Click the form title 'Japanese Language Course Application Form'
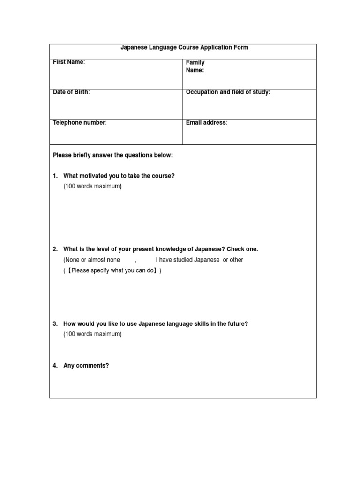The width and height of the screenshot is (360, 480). point(184,48)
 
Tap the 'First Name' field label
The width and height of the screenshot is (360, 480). point(68,62)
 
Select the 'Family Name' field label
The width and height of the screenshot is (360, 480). point(195,66)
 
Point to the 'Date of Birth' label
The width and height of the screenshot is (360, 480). point(71,92)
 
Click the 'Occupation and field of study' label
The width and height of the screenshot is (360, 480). point(228,92)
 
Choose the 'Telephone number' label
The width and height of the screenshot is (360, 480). point(80,123)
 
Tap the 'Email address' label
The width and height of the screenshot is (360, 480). point(206,123)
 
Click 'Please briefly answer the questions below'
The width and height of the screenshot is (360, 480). point(113,155)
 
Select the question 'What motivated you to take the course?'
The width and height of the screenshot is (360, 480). point(119,176)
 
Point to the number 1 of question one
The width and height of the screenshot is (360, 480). point(55,176)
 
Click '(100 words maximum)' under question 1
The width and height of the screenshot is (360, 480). point(92,187)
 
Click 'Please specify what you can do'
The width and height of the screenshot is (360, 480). point(112,271)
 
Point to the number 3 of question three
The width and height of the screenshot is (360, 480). point(55,324)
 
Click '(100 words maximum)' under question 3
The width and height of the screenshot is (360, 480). point(92,334)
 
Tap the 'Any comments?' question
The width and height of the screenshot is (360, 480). point(86,366)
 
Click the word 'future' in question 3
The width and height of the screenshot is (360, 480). point(236,324)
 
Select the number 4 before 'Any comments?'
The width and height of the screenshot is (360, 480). point(55,366)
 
